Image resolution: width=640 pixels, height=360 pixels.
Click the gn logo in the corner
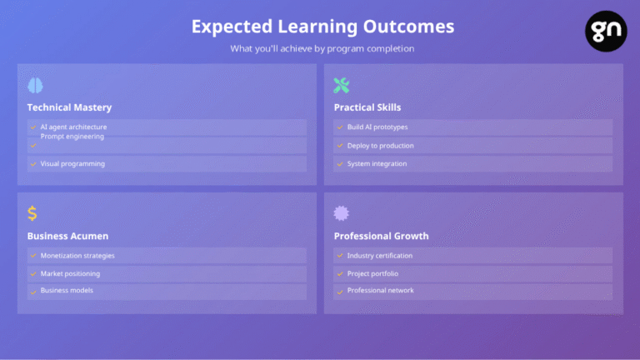[x=606, y=31]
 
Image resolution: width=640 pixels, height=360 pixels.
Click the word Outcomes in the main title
[x=408, y=27]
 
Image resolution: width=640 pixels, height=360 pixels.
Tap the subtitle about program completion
[x=322, y=48]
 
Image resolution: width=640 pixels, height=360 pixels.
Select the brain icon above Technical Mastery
[x=35, y=85]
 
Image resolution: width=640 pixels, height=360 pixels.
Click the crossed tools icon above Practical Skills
[x=341, y=85]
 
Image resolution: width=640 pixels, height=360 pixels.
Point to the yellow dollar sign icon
[x=32, y=213]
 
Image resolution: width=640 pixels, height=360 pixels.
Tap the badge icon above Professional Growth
[x=341, y=213]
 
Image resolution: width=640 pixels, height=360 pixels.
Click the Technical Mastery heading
[x=69, y=107]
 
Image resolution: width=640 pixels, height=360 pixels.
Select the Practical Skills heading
[x=367, y=107]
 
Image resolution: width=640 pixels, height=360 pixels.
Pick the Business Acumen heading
[x=67, y=236]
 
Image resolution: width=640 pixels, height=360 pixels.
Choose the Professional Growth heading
[x=381, y=236]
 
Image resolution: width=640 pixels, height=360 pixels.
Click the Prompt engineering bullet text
[x=72, y=137]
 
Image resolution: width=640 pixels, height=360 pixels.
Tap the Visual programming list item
[x=72, y=163]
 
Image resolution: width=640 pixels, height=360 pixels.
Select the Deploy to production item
[x=380, y=146]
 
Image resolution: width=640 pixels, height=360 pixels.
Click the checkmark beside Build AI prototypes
[x=340, y=127]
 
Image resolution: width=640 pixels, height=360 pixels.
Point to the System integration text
[x=377, y=163]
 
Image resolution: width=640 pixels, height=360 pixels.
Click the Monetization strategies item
[x=77, y=256]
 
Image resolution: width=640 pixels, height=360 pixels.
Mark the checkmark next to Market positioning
[x=33, y=274]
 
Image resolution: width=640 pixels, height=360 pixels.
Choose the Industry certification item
[x=380, y=256]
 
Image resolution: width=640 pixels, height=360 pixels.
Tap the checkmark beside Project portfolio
[x=340, y=274]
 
